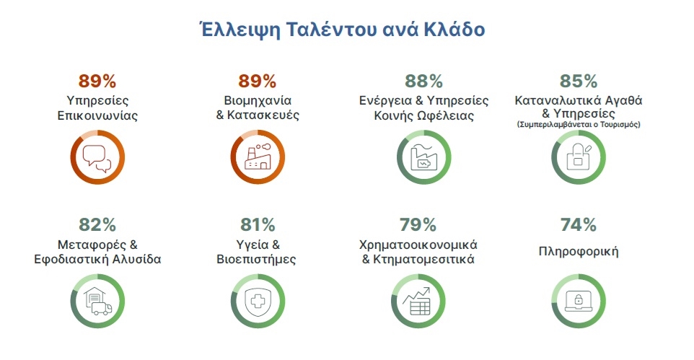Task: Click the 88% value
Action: coord(423,82)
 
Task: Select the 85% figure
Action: coord(579,82)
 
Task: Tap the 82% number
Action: coord(97,225)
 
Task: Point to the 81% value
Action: coord(258,225)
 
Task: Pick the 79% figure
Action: coord(418,225)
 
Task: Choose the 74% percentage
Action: coord(578,225)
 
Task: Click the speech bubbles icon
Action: coord(97,158)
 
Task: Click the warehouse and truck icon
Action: coord(97,301)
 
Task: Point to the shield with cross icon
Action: coord(258,302)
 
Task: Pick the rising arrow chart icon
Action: coord(417,301)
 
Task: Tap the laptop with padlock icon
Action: coord(579,302)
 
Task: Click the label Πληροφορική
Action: coord(578,252)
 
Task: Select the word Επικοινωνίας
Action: coord(97,115)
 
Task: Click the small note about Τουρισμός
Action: coord(579,125)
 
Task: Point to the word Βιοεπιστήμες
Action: coord(256,260)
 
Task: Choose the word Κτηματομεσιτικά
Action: coord(423,259)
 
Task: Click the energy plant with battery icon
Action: coord(423,157)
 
